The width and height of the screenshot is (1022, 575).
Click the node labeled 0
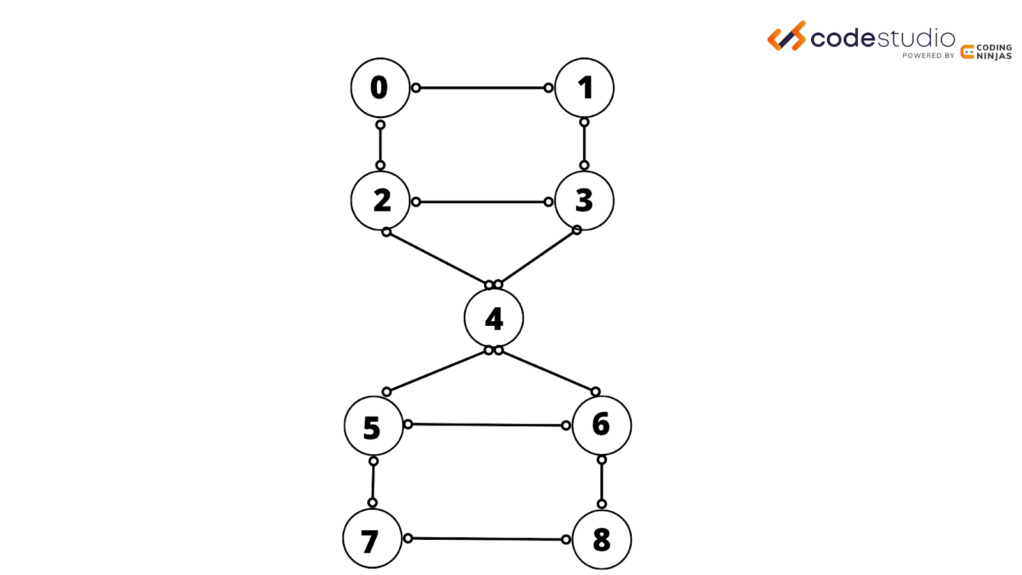(x=380, y=88)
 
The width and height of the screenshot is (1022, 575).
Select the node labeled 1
(x=584, y=88)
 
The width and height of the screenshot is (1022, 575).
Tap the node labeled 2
(x=380, y=201)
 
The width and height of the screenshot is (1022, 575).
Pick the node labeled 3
(x=584, y=201)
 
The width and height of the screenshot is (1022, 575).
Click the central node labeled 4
(x=494, y=318)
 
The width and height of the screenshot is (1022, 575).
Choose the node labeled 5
(x=374, y=426)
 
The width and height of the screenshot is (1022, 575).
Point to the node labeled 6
(x=602, y=425)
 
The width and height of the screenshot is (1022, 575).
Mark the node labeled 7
(x=372, y=539)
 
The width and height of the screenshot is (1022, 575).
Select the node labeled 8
(x=602, y=540)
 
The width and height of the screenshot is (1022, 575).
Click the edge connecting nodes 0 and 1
(x=482, y=88)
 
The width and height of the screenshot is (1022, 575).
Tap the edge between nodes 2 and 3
(x=482, y=202)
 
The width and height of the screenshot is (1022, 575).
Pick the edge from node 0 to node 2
(x=380, y=145)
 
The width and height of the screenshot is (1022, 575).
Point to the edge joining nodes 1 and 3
(x=584, y=144)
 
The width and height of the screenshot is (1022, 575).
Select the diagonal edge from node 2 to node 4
(x=438, y=258)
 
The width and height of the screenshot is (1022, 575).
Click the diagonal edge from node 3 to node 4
(x=537, y=257)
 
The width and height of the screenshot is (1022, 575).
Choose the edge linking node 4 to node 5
(x=438, y=371)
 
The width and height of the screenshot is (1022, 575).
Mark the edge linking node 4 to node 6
(x=547, y=371)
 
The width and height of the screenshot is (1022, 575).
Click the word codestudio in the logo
(x=882, y=39)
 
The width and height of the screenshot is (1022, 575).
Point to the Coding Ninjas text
(x=994, y=52)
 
